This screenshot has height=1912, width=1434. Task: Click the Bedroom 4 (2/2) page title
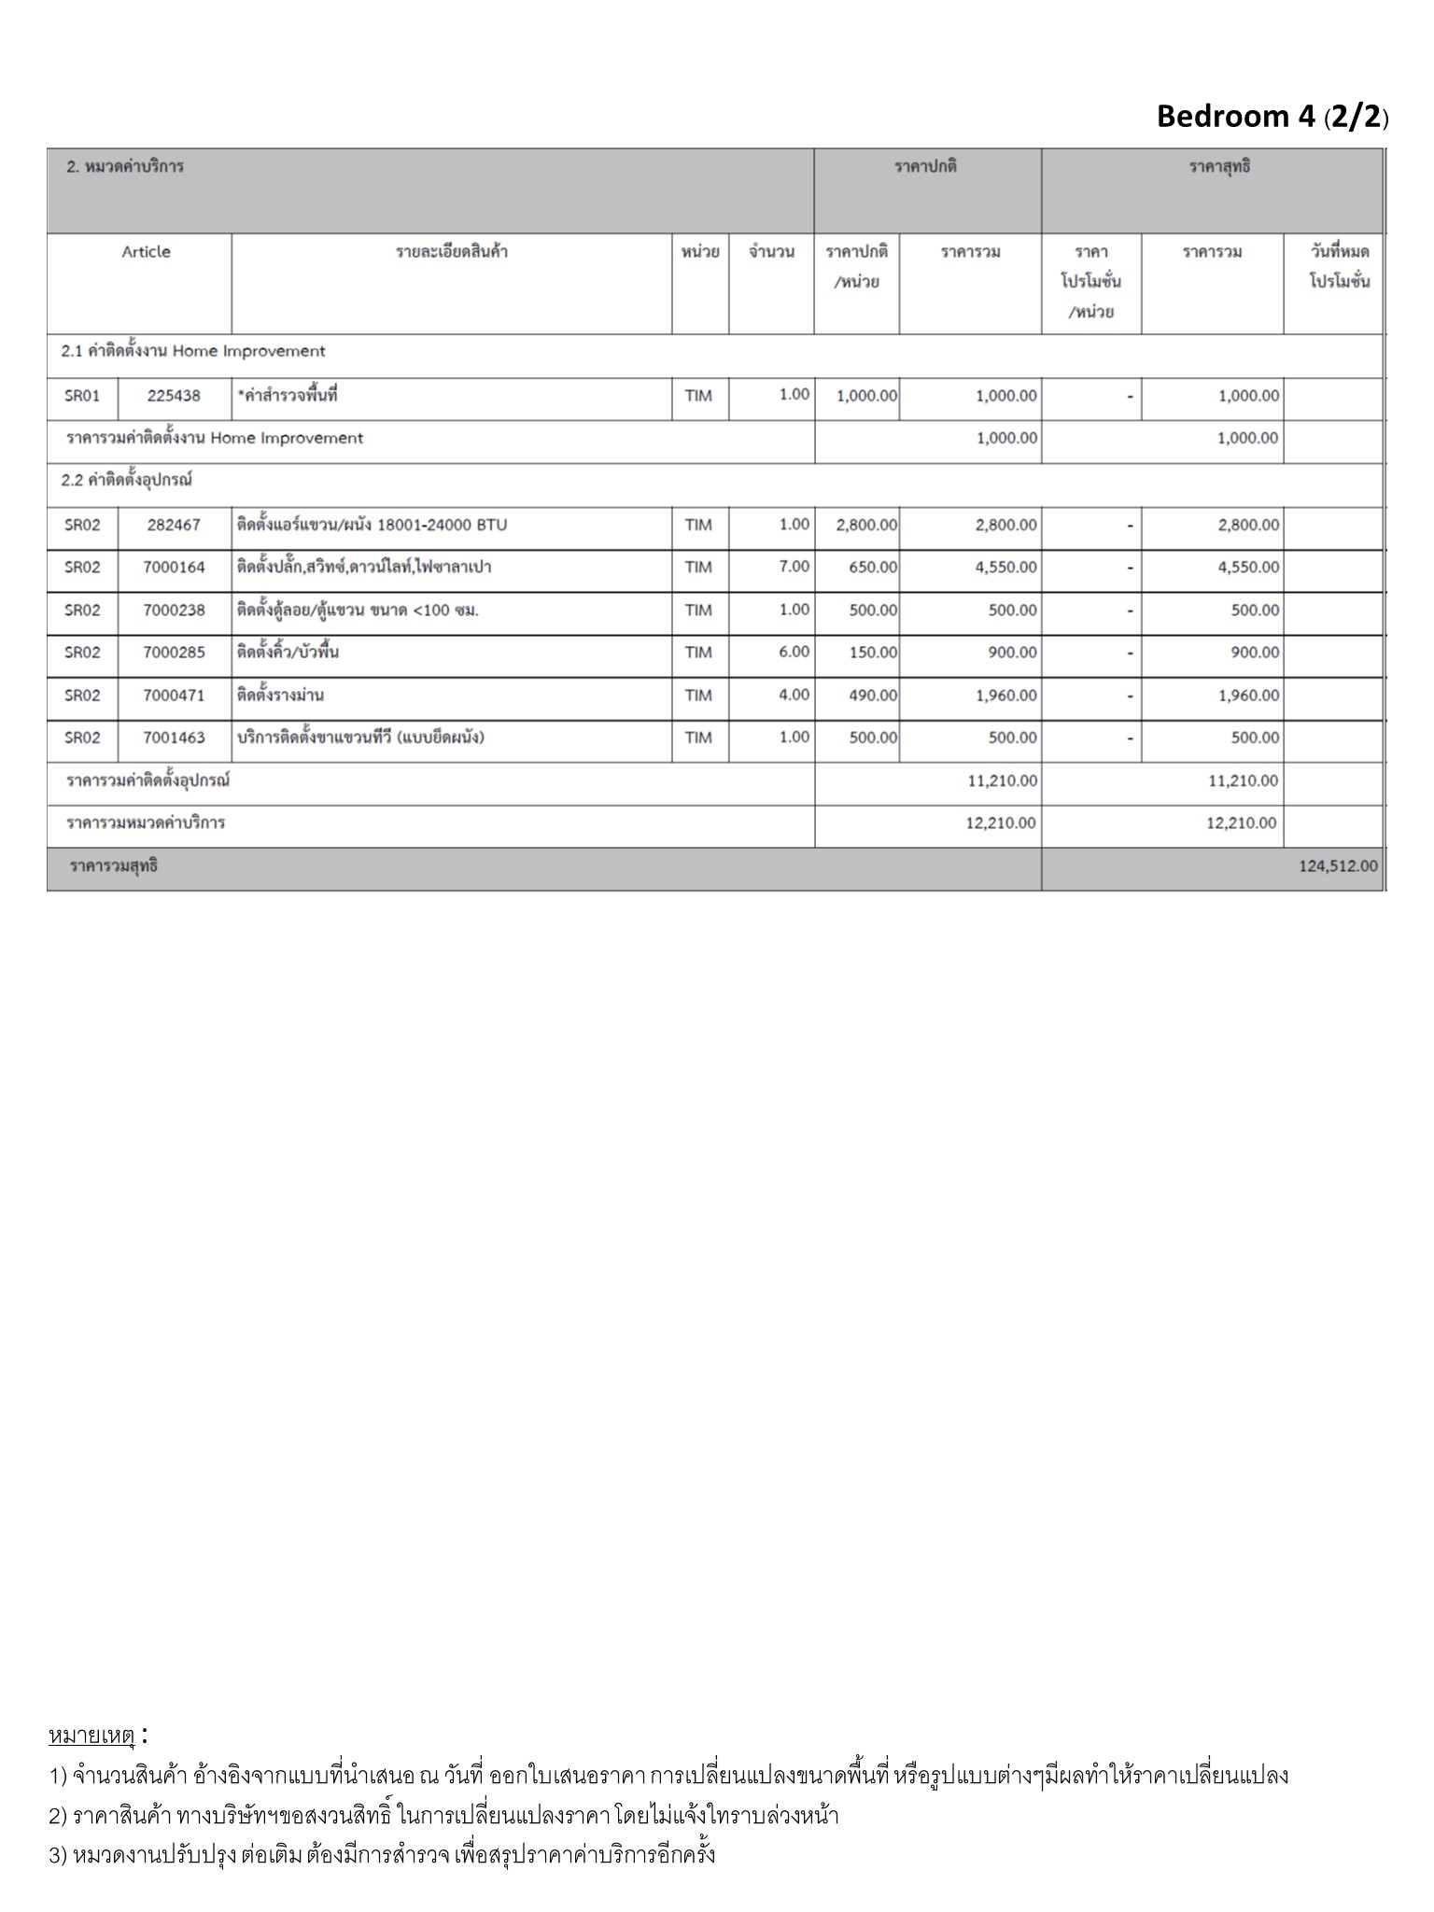click(x=1272, y=117)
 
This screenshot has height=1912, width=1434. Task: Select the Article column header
click(x=146, y=252)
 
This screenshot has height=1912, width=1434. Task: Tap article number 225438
click(x=174, y=396)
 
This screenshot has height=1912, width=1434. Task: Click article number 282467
click(x=174, y=525)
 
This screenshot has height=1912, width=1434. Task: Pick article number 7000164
click(x=174, y=568)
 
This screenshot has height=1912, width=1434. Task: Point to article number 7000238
click(x=174, y=611)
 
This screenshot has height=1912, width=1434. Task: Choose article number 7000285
click(x=174, y=653)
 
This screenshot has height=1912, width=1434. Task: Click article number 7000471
click(x=174, y=696)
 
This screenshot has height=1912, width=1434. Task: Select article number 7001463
click(x=174, y=738)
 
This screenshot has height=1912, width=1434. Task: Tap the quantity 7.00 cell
click(x=794, y=567)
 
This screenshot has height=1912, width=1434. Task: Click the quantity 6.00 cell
click(x=794, y=652)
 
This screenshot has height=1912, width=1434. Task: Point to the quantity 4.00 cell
click(x=794, y=695)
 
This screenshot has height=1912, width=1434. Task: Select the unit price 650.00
click(x=873, y=568)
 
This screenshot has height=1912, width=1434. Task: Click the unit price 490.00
click(x=873, y=696)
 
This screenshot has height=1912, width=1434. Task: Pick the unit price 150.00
click(x=873, y=653)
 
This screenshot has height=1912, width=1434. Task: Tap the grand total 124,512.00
click(x=1337, y=866)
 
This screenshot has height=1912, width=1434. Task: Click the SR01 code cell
click(x=82, y=396)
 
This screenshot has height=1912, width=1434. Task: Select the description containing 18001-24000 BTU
click(x=372, y=525)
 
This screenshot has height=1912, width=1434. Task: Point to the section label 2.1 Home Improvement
click(x=193, y=352)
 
